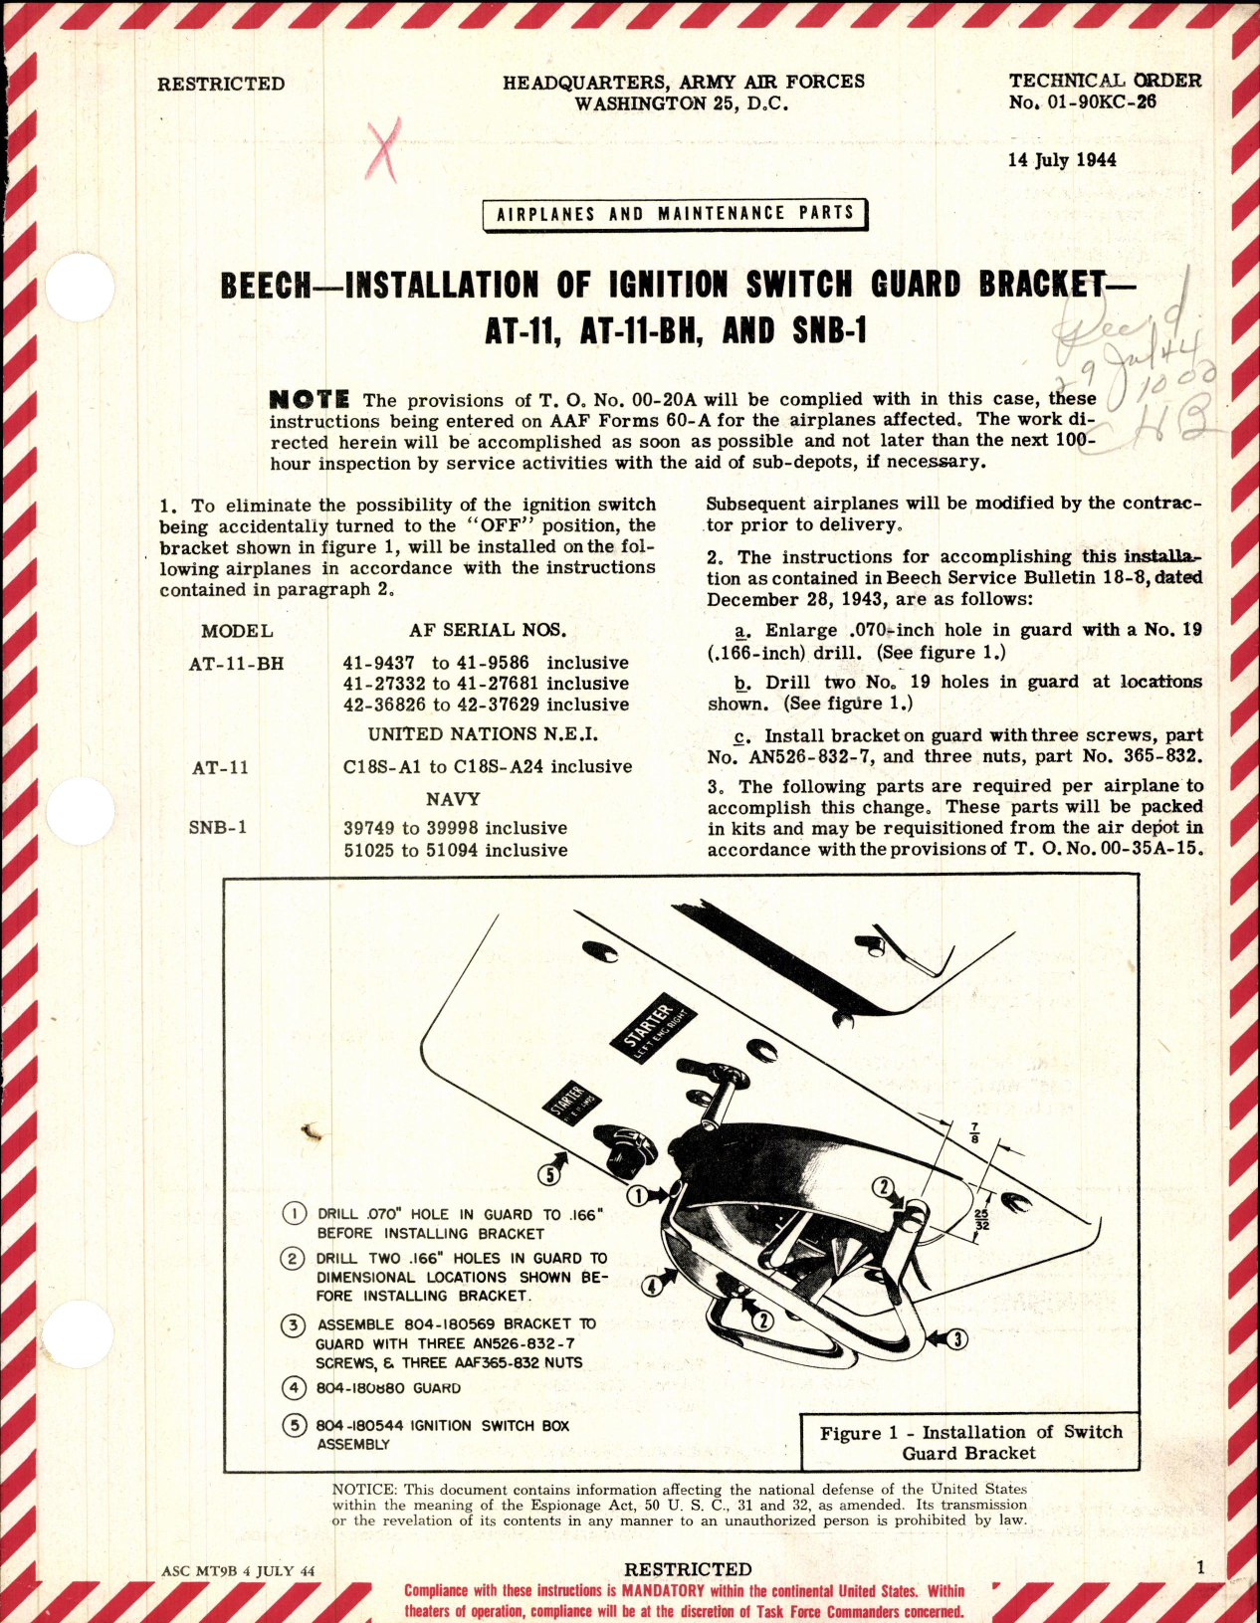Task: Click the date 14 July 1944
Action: pos(1062,160)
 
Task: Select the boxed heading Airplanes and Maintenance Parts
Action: pos(674,214)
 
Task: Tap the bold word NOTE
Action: pos(310,399)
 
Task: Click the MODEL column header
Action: pos(237,631)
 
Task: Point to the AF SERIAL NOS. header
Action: pos(487,630)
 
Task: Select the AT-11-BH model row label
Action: pos(237,663)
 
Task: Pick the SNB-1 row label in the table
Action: pos(217,828)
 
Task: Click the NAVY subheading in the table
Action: pos(453,799)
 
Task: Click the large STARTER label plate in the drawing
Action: pos(653,1026)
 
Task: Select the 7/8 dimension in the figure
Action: pos(974,1132)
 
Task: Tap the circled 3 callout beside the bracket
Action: pos(956,1339)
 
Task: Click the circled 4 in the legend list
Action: pos(295,1388)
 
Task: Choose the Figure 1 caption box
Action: pos(970,1442)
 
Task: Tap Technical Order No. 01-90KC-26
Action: pos(1105,91)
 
